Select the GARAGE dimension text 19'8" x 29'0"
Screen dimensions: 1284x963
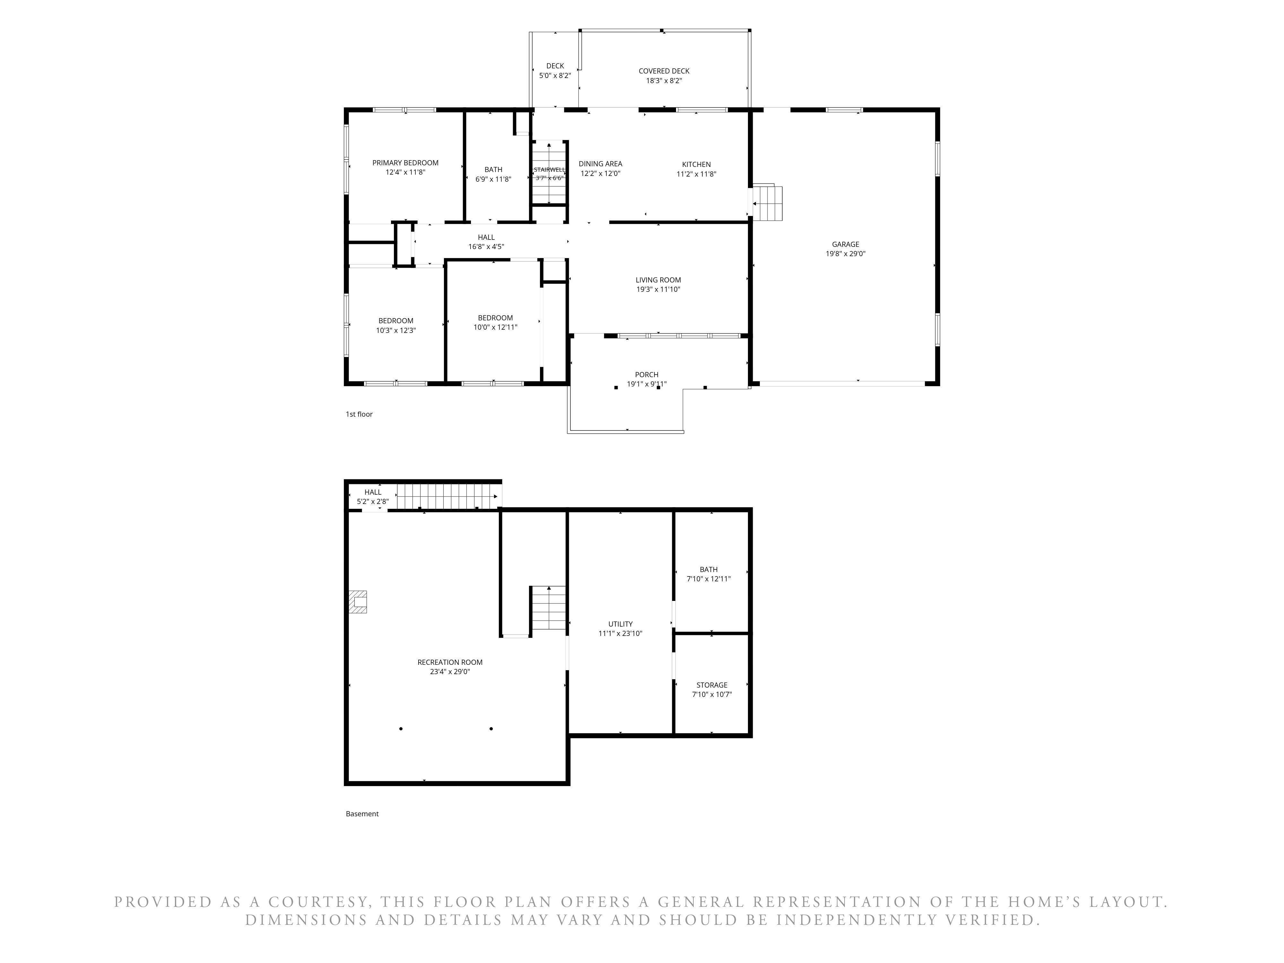[845, 254]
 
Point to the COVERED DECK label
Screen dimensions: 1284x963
[664, 71]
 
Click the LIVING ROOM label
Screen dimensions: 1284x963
[658, 280]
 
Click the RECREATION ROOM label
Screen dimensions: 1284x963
[450, 662]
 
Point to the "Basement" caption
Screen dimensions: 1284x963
[362, 814]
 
